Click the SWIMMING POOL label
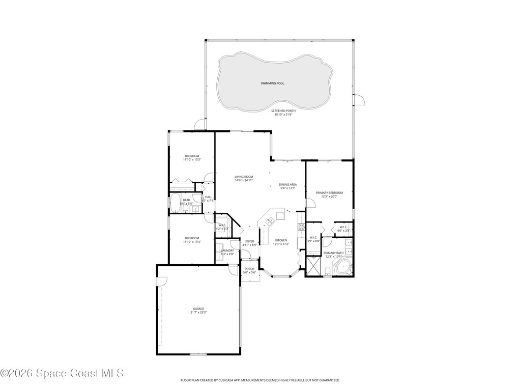pyautogui.click(x=272, y=83)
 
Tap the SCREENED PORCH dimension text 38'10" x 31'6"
pyautogui.click(x=283, y=115)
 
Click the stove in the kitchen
pyautogui.click(x=301, y=227)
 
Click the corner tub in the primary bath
pyautogui.click(x=344, y=267)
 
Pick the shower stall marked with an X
pyautogui.click(x=313, y=267)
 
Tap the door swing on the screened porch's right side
pyautogui.click(x=360, y=99)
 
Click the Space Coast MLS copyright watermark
pyautogui.click(x=62, y=373)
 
